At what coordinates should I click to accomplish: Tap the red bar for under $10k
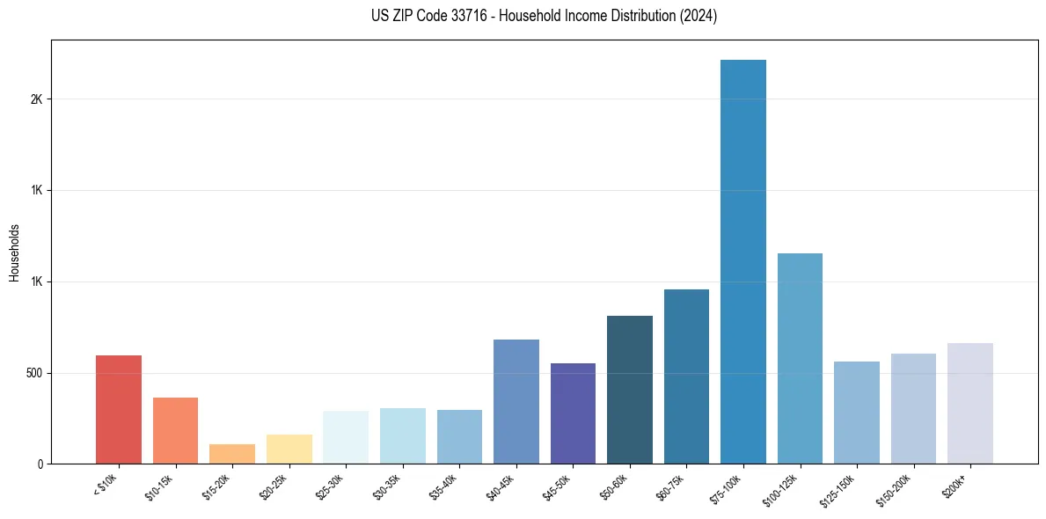pyautogui.click(x=119, y=409)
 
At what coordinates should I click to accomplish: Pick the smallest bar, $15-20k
pyautogui.click(x=232, y=454)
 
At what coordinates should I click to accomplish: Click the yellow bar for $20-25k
pyautogui.click(x=289, y=449)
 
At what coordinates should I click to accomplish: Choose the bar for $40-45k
pyautogui.click(x=516, y=401)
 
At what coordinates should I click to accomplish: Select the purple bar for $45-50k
pyautogui.click(x=573, y=413)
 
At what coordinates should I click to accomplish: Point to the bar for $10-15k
pyautogui.click(x=176, y=430)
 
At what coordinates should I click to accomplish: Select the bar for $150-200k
pyautogui.click(x=913, y=408)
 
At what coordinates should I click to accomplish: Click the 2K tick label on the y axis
pyautogui.click(x=36, y=99)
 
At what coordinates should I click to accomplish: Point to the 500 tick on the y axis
pyautogui.click(x=33, y=373)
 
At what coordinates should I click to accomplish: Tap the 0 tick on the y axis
pyautogui.click(x=40, y=464)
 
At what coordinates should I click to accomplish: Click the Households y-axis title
pyautogui.click(x=15, y=252)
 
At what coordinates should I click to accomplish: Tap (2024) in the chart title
pyautogui.click(x=699, y=16)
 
